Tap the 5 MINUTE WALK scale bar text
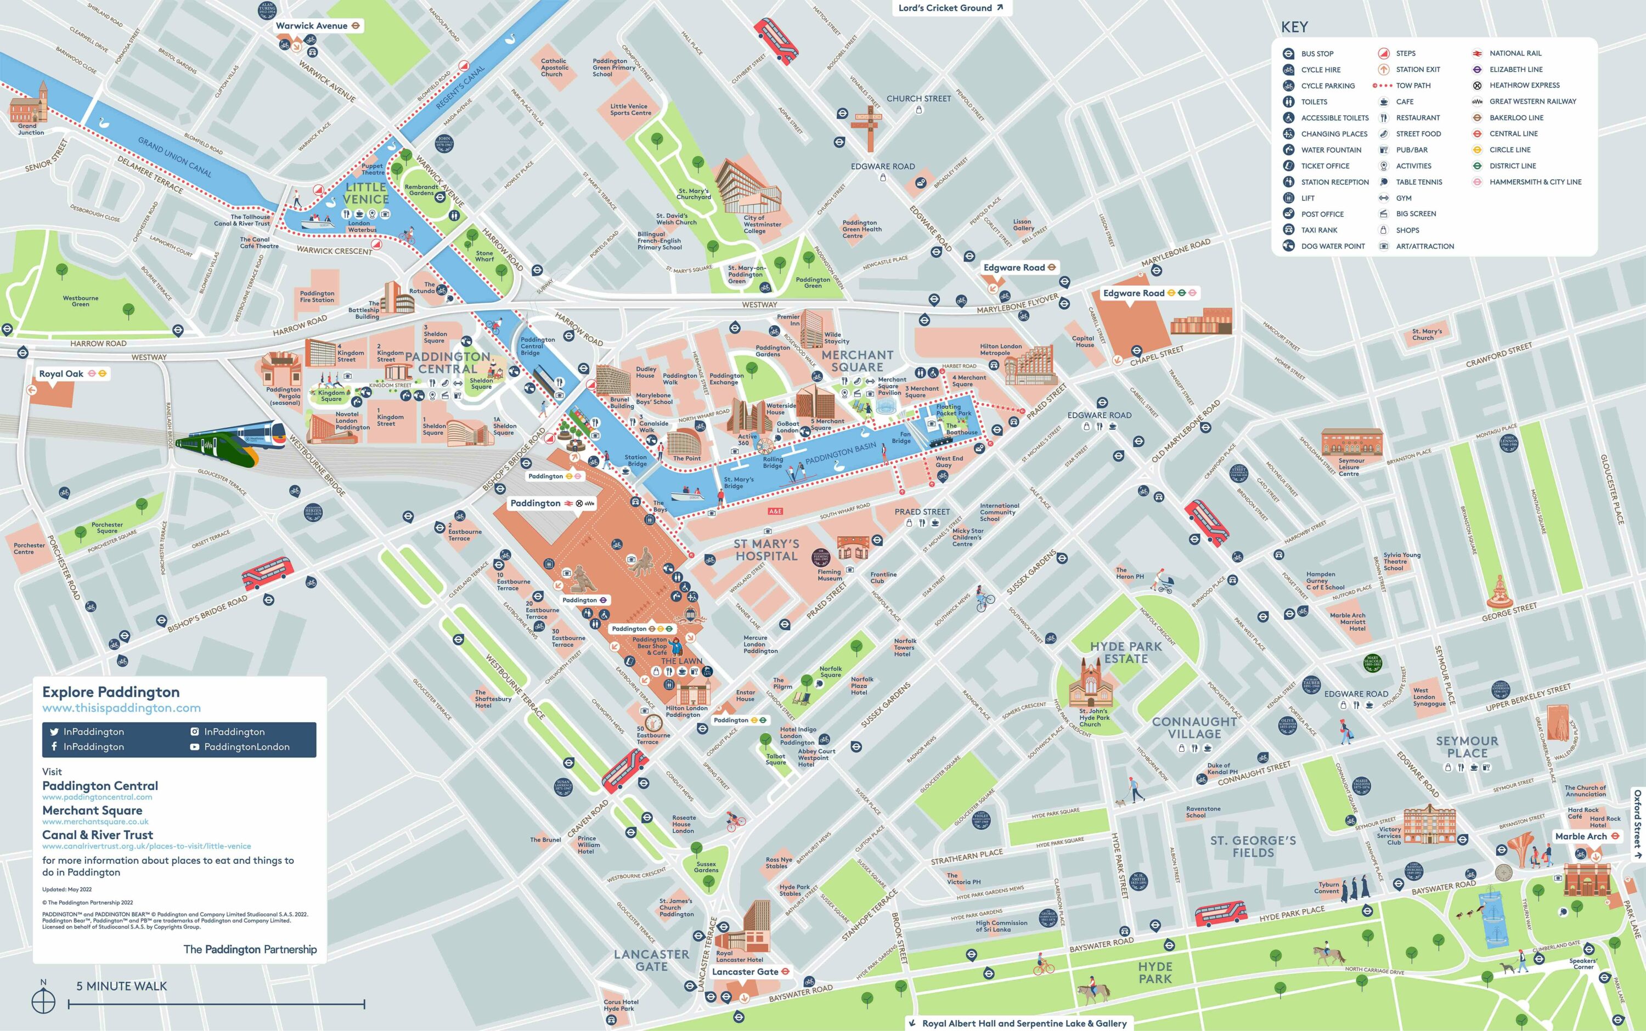[121, 986]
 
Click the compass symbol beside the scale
[44, 1000]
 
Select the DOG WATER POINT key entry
[1332, 246]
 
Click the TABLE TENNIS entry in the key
[1419, 182]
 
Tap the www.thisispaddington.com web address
[121, 708]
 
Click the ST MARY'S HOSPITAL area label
[766, 550]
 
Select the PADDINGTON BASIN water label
[841, 454]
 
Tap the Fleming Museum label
[830, 575]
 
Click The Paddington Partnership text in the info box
[250, 949]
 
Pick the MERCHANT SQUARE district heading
[857, 361]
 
